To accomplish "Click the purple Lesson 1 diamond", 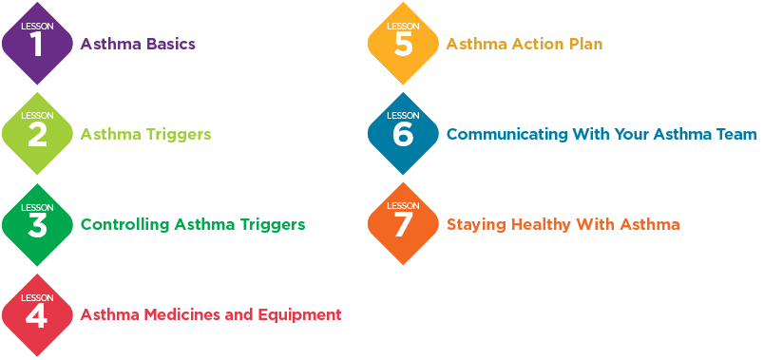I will (x=38, y=44).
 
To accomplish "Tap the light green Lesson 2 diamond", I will (x=38, y=134).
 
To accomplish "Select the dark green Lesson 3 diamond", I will (x=38, y=224).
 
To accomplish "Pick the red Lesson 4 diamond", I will (x=38, y=314).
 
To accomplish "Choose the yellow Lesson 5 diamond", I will (x=403, y=44).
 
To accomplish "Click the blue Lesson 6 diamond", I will (x=403, y=134).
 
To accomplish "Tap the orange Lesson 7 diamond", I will (x=403, y=224).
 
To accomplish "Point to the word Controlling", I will (x=119, y=225).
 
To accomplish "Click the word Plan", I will (x=584, y=44).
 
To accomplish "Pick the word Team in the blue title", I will (x=735, y=135).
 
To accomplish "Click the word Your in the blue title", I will (x=642, y=135).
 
